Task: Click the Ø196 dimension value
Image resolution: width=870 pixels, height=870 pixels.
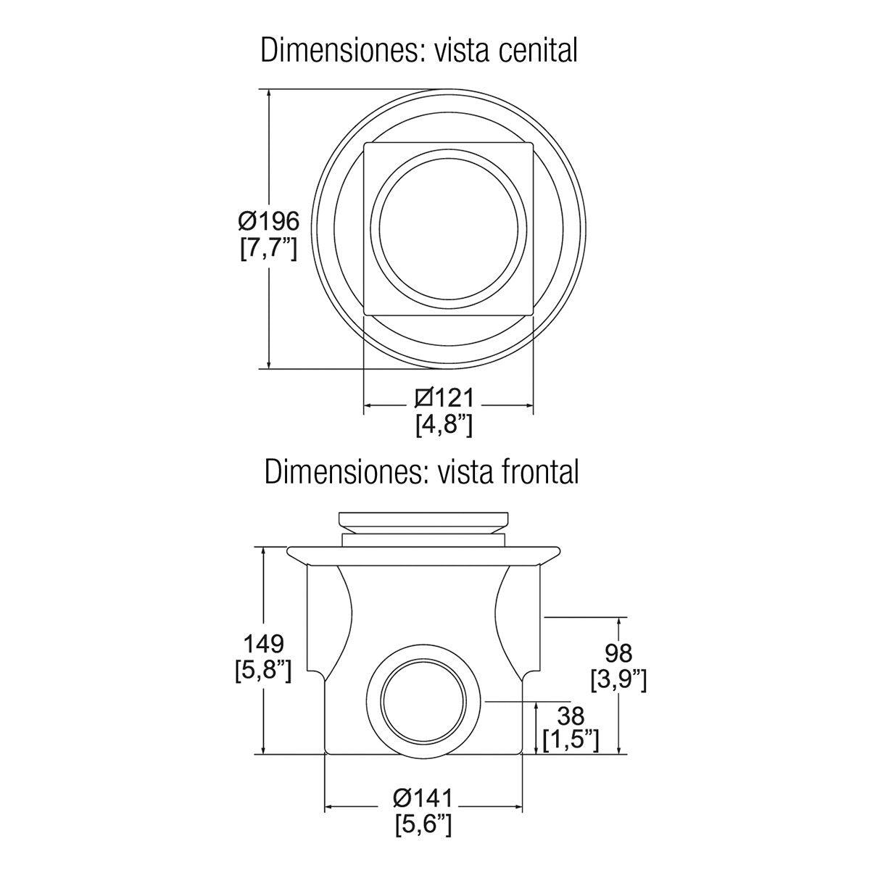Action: click(269, 222)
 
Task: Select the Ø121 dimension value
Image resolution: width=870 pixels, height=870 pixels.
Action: click(444, 398)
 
